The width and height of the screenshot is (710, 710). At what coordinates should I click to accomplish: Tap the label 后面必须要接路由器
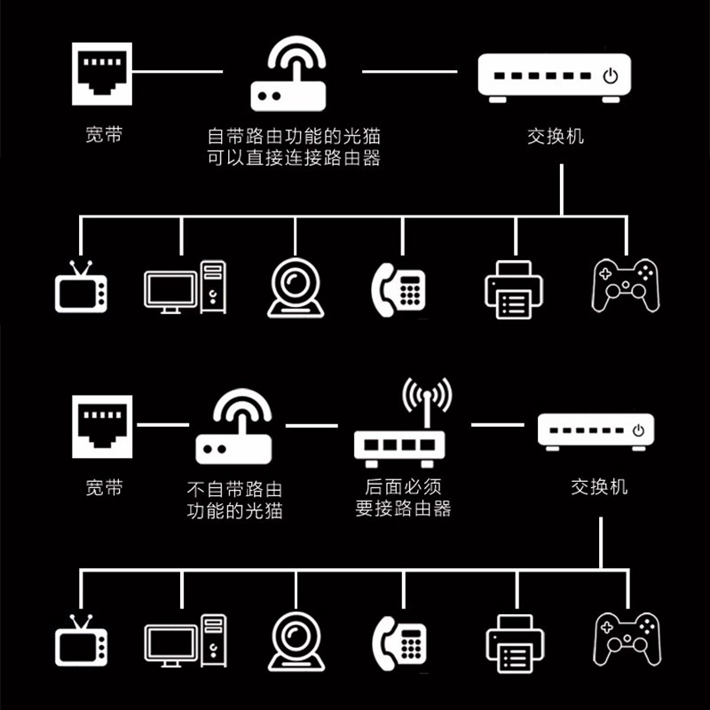coord(403,498)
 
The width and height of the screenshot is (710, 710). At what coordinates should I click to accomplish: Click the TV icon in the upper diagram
coord(81,288)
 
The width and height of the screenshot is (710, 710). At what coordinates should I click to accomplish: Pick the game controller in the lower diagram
coord(626,636)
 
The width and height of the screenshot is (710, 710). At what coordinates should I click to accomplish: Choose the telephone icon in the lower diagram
coord(399,640)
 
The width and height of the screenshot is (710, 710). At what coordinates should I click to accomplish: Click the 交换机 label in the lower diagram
coord(599,487)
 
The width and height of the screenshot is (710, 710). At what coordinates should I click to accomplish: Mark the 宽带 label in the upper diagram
coord(104,136)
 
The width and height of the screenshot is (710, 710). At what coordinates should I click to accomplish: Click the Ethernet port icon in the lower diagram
coord(101,426)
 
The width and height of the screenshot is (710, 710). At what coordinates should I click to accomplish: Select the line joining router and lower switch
coord(497,425)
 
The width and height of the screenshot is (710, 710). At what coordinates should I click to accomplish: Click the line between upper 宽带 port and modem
coord(182,70)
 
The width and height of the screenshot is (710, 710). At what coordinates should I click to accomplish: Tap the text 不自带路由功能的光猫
coord(234,499)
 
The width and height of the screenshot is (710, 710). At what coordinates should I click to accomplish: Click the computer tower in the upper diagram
coord(213,287)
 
